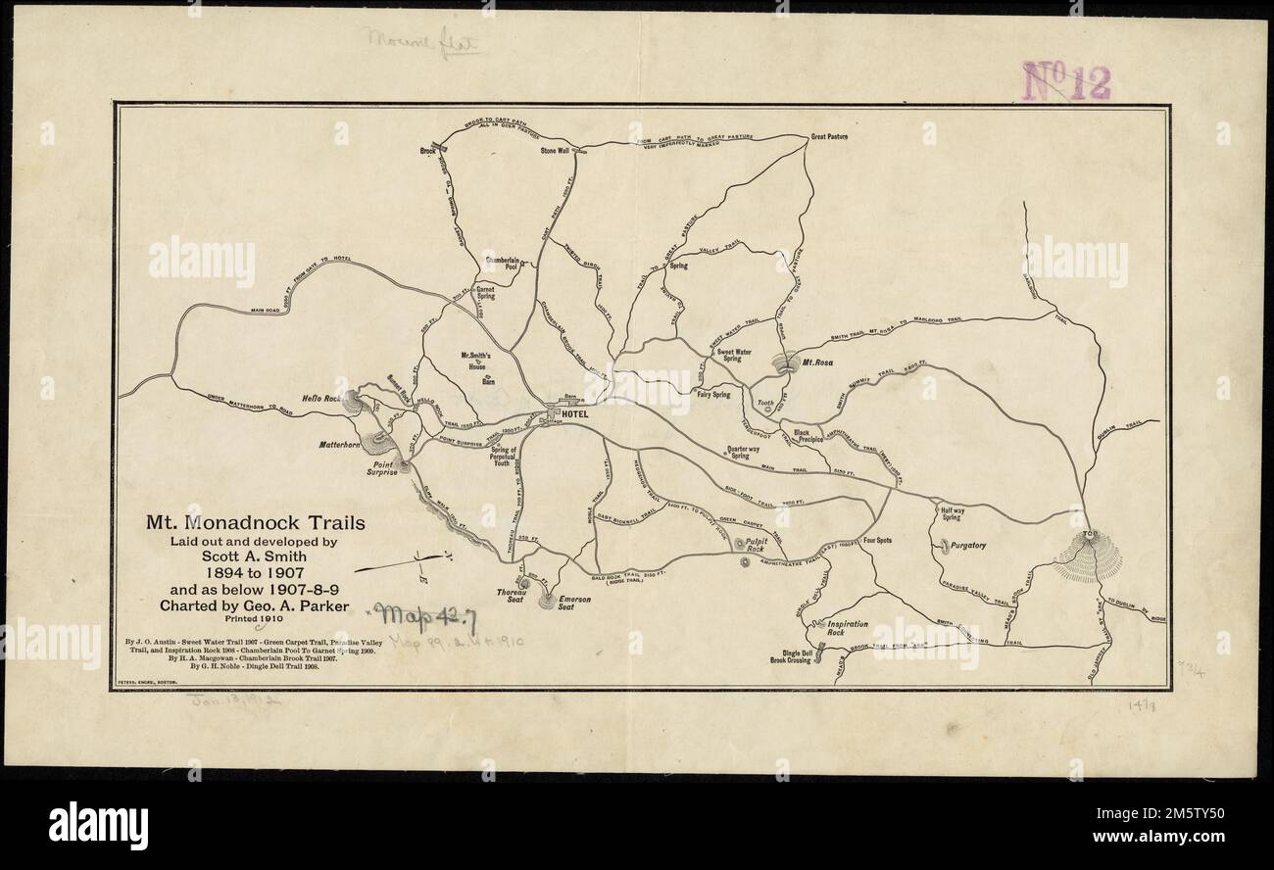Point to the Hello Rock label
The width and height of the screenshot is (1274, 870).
pos(319,399)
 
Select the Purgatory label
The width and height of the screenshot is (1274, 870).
pos(967,545)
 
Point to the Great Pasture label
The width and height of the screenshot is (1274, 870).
pos(828,137)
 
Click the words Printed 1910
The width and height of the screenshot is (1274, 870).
pos(255,618)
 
